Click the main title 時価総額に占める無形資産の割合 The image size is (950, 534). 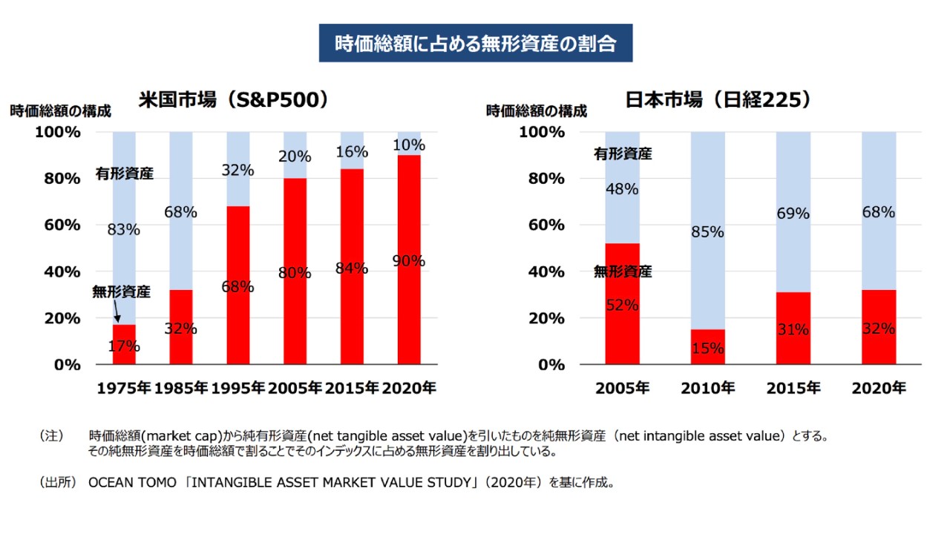tap(476, 43)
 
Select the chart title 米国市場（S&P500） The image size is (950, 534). tap(234, 100)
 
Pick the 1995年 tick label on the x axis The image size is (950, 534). tap(238, 388)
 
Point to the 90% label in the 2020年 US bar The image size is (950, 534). tap(408, 260)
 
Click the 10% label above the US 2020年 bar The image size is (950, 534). tap(408, 145)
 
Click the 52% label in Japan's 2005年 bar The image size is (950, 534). tap(622, 305)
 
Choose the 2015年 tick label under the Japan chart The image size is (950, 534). tap(793, 388)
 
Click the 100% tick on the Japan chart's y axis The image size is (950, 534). tap(542, 132)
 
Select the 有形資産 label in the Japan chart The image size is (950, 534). tap(623, 154)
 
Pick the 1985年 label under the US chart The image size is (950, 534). tap(182, 388)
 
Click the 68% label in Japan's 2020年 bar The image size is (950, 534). tap(879, 212)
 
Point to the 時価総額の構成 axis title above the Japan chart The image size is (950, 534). tap(536, 111)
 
